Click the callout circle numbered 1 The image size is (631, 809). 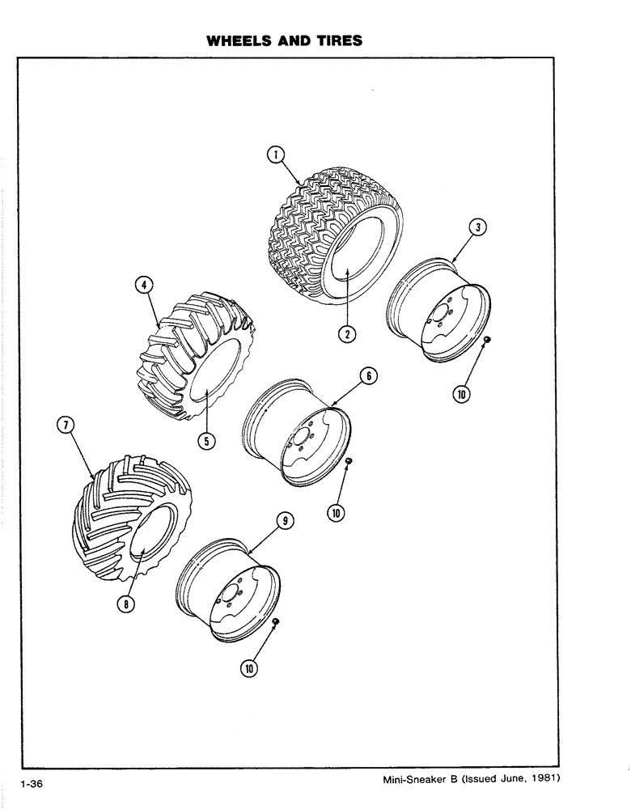(x=276, y=154)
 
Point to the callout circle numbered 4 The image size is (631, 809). (x=142, y=285)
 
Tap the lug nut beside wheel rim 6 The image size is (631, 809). (x=349, y=460)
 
